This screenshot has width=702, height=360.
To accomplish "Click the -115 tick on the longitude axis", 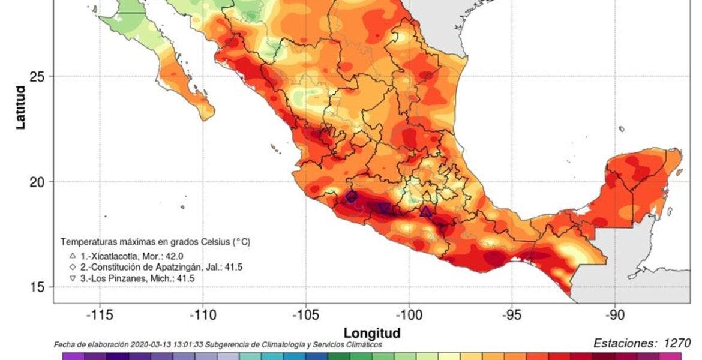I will (x=99, y=315).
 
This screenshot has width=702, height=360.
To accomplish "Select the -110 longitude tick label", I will (x=202, y=315).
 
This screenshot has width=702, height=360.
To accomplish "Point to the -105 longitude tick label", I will (x=305, y=315).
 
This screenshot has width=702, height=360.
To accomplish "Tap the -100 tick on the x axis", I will (x=409, y=315).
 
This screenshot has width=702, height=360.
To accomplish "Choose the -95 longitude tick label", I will (x=512, y=315).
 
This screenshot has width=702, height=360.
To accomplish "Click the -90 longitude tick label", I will (x=615, y=315).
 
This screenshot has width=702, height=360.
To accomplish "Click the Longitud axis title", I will (x=371, y=332).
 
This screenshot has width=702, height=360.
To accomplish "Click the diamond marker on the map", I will (x=352, y=197).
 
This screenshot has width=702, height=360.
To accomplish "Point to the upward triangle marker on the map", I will (x=425, y=211).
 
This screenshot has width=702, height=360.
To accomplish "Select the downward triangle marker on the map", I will (x=384, y=208).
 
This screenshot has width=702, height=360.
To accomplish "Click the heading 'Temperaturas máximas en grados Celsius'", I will (x=155, y=242).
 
